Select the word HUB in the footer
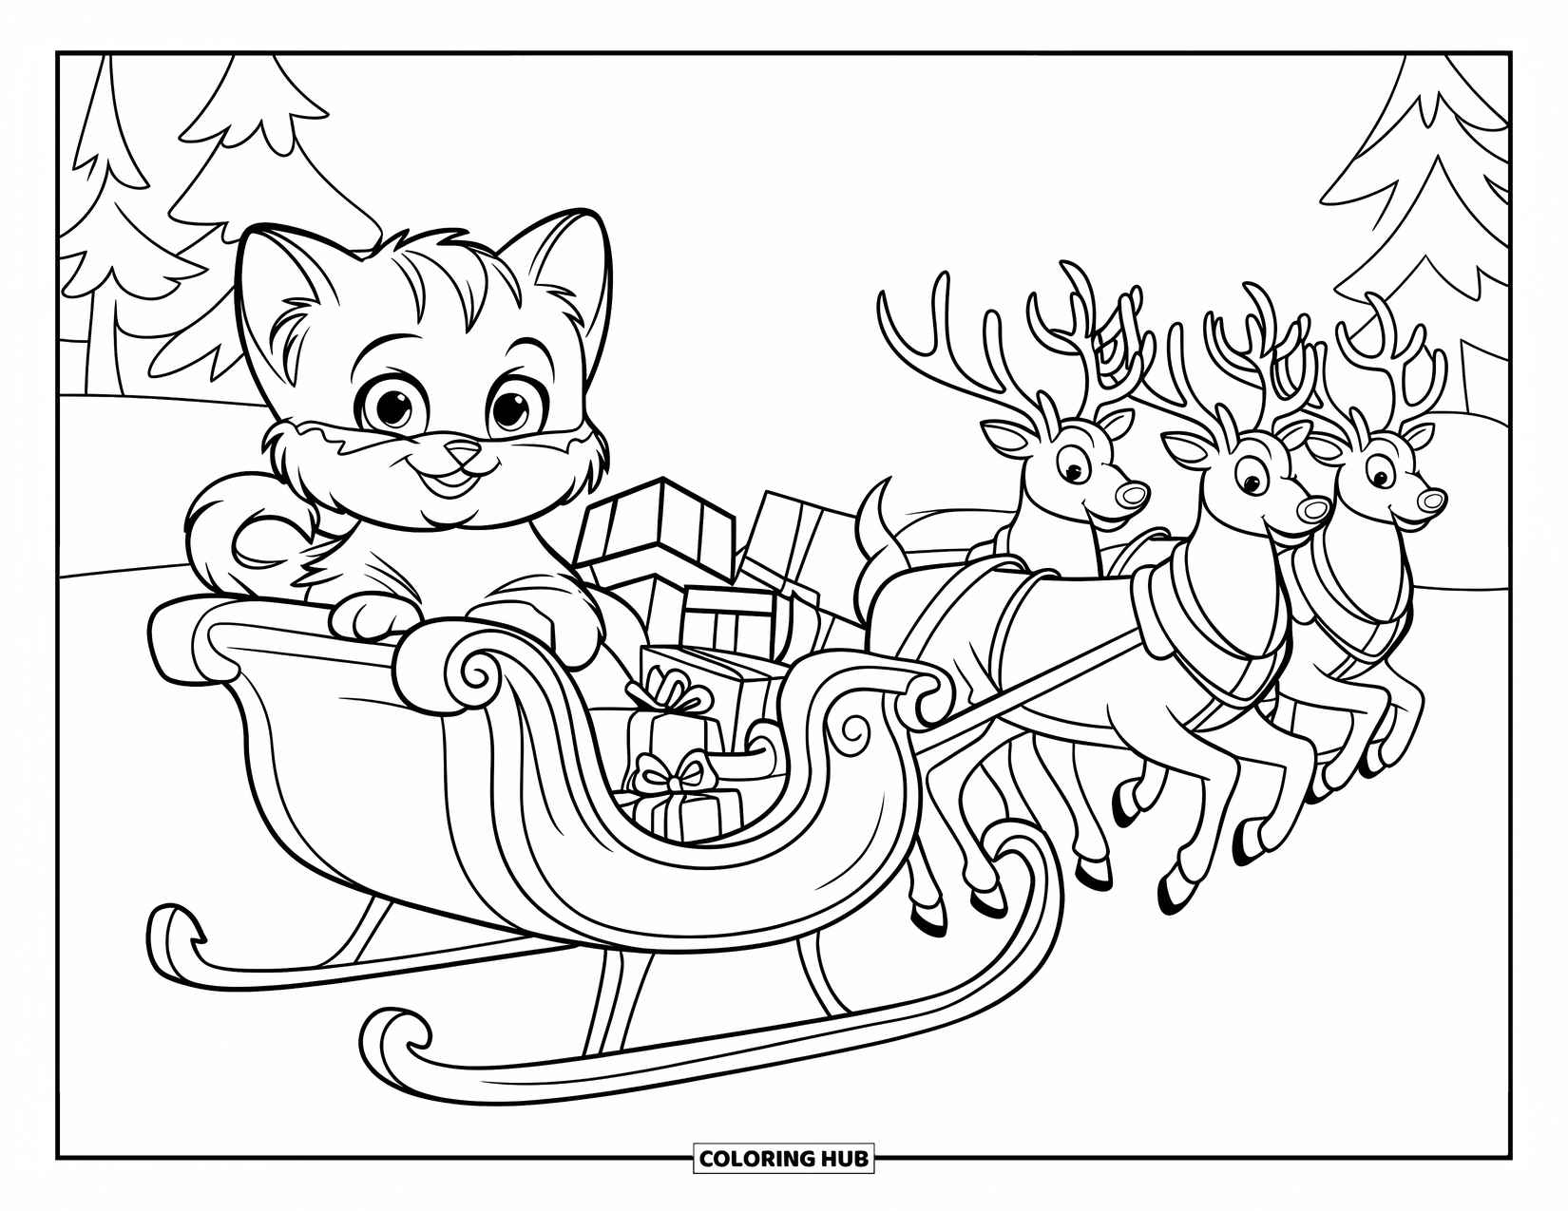click(843, 1158)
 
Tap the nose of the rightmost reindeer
click(1433, 500)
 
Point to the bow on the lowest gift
click(672, 774)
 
